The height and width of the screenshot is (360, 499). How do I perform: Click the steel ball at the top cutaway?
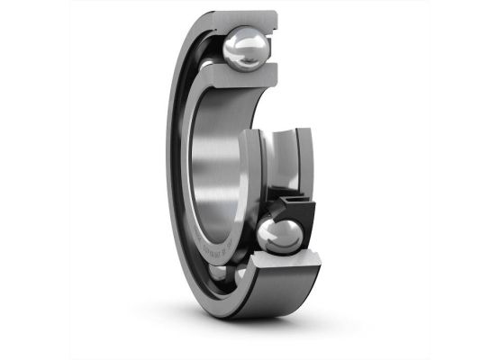[x=245, y=49]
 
